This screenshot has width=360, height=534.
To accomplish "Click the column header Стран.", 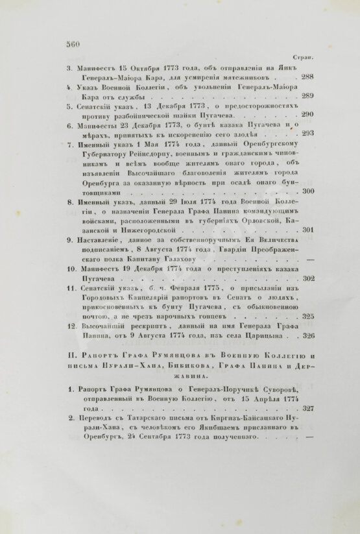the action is (x=305, y=57).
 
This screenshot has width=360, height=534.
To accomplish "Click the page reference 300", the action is (x=308, y=191).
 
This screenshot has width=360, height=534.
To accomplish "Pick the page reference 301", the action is (x=308, y=230).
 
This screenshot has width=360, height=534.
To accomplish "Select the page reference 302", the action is (x=308, y=278).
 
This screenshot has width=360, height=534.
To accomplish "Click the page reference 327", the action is (x=308, y=409).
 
